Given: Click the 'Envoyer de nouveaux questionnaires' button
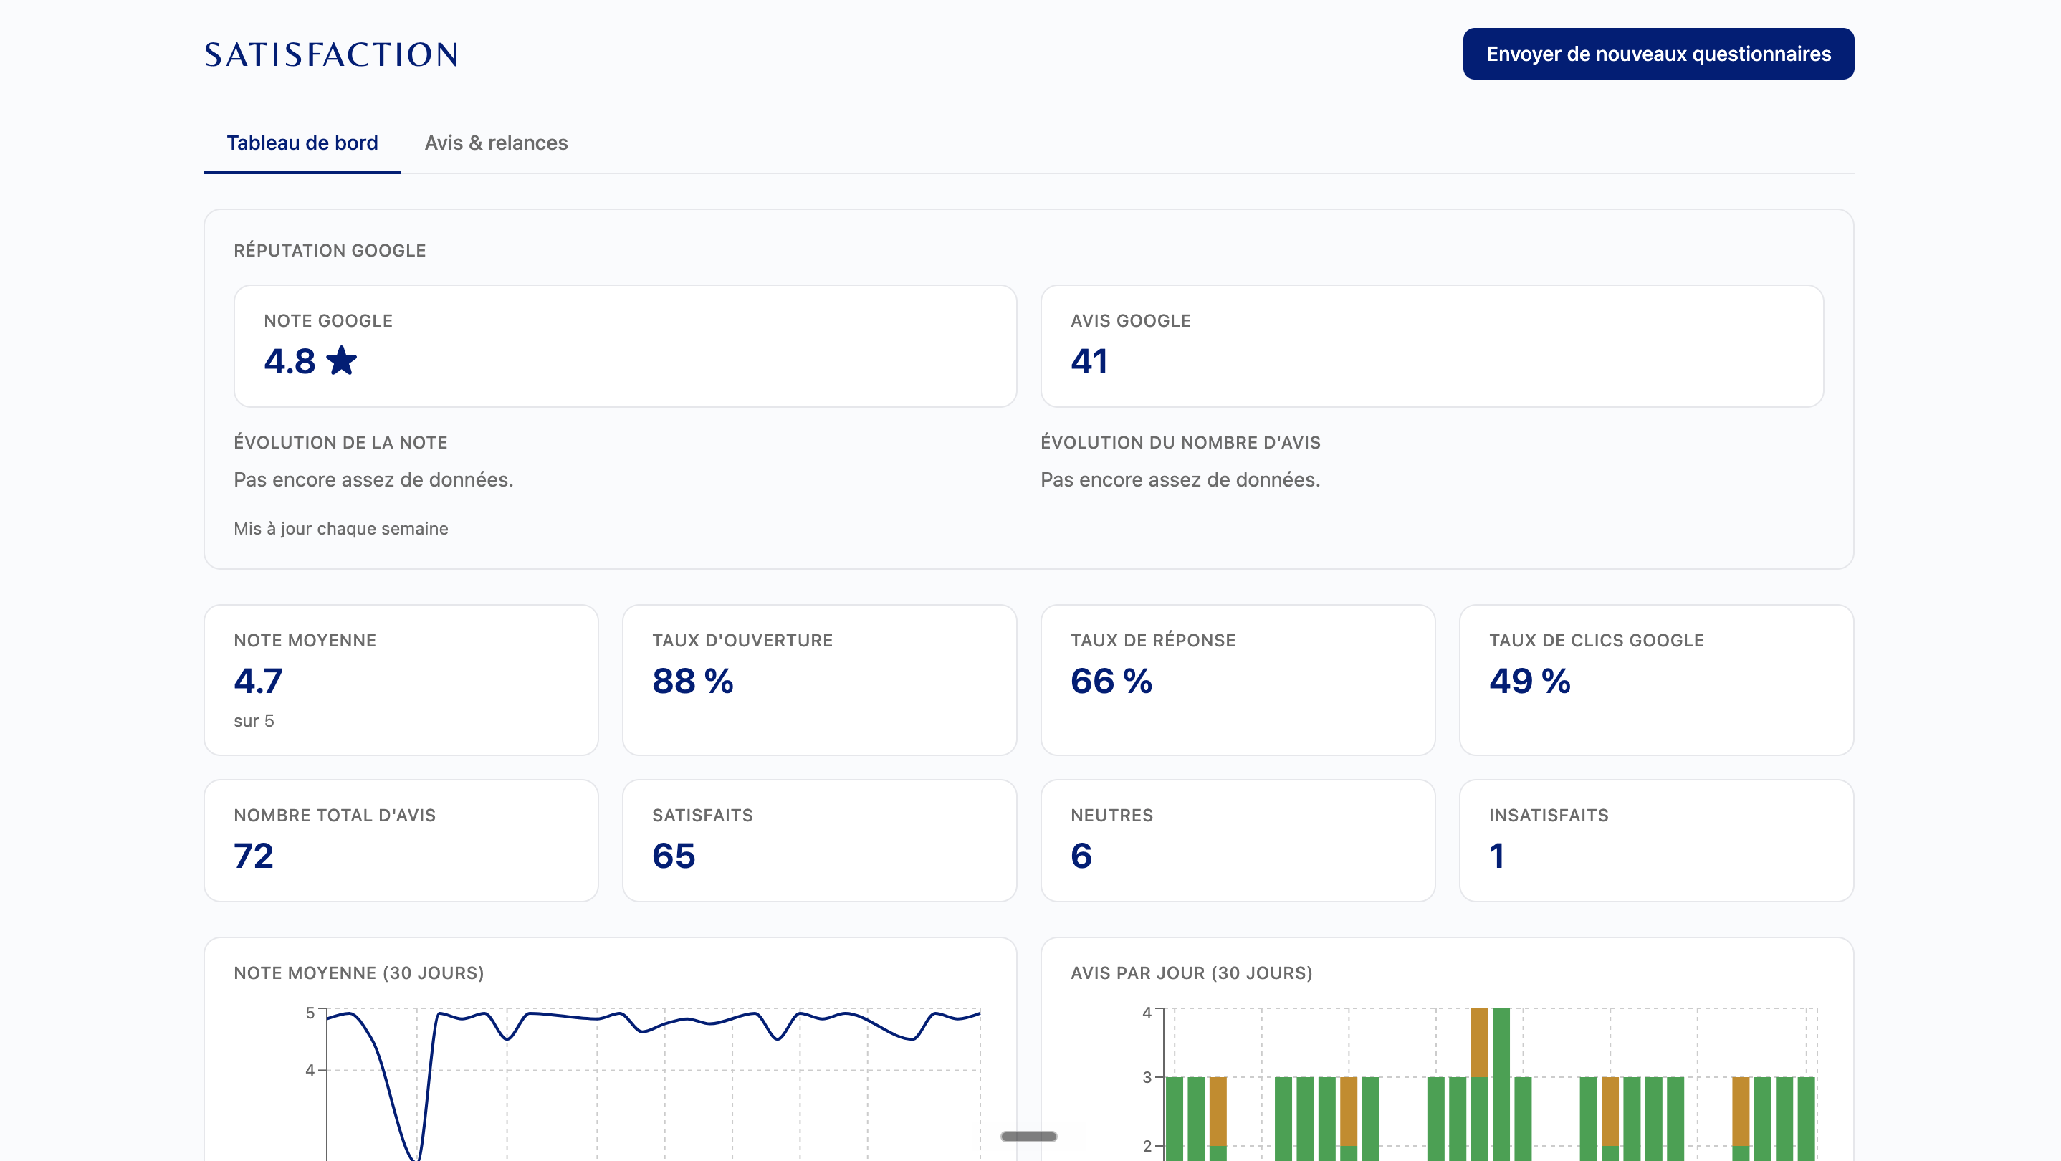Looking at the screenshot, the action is coord(1658,54).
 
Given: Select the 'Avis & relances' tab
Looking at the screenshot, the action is coord(496,143).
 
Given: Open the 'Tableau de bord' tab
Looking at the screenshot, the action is coord(302,143).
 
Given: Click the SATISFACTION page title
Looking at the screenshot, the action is coord(330,54).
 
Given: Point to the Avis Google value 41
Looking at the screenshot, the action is coord(1089,361).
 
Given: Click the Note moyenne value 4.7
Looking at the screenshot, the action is coord(258,681).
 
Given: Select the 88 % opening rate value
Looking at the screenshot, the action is coord(693,681).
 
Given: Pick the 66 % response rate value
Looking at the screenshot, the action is coord(1111,681).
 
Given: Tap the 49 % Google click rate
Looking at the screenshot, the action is coord(1530,681).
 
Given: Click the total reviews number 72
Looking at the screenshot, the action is coord(254,856).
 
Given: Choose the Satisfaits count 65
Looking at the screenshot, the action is coord(674,856).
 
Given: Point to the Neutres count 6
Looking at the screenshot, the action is coord(1081,856).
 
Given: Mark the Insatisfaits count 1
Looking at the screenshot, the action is coord(1497,856).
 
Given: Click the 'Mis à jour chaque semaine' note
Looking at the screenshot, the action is coord(341,528).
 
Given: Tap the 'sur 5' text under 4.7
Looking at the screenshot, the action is coord(254,720).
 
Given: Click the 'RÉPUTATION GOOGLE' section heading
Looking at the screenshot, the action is coord(330,250).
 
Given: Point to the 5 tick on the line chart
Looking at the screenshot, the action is coord(310,1012).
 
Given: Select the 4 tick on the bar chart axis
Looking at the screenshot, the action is coord(1147,1012).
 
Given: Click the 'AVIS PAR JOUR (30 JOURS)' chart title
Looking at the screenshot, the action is coord(1191,973).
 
